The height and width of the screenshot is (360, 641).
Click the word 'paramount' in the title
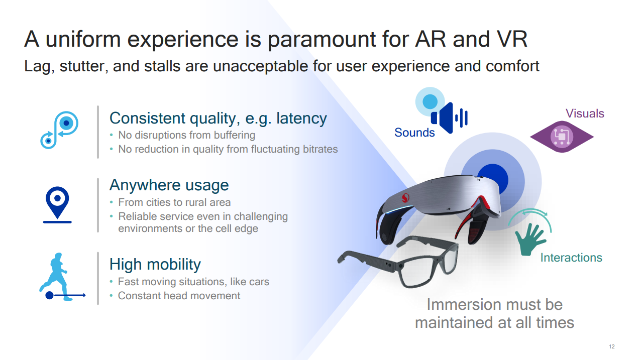322,40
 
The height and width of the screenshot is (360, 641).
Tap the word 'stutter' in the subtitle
84,66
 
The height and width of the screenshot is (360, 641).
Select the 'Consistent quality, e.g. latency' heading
218,118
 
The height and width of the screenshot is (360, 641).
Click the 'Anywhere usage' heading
169,185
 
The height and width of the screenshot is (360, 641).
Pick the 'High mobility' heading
155,264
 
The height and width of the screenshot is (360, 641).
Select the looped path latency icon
59,130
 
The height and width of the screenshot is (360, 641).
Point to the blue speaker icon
449,117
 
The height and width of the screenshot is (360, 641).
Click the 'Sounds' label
414,133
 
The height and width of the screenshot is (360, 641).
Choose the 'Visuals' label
585,113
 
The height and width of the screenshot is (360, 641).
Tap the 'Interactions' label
571,258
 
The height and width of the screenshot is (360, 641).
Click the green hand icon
529,239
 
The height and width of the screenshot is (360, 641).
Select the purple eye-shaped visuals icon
562,137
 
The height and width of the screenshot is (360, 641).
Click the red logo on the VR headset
405,197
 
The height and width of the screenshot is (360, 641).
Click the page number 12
612,346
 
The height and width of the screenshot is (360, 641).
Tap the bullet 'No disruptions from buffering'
186,135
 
